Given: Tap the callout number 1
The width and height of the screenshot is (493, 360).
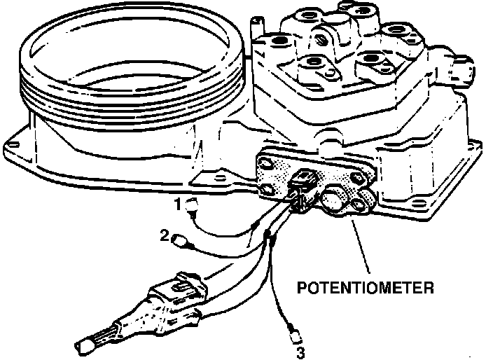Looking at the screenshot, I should click(179, 203).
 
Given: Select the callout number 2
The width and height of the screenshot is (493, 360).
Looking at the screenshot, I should click(165, 237).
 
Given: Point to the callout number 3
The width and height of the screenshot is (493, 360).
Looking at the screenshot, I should click(300, 352).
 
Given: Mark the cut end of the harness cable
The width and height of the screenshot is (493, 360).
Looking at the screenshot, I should click(85, 343).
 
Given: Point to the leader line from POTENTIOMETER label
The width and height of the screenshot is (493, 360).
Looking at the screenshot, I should click(359, 245).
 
